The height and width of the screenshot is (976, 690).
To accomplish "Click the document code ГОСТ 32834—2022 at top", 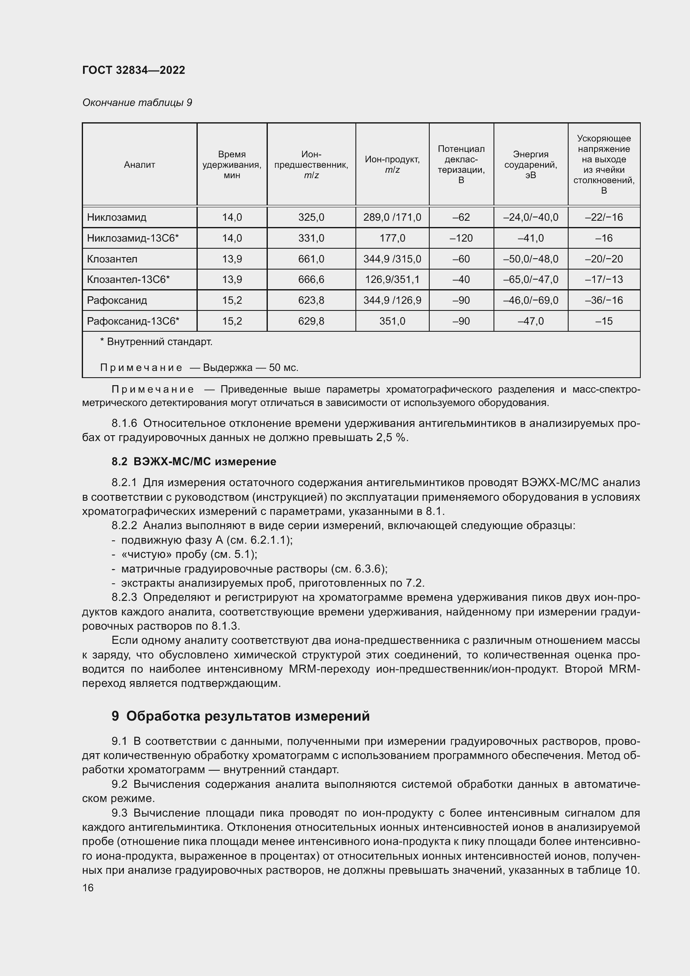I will [x=133, y=70].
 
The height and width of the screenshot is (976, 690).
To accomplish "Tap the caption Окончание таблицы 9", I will [x=137, y=103].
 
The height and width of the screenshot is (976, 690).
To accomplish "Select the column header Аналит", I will [x=139, y=164].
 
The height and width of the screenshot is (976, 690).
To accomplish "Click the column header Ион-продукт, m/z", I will [x=392, y=164].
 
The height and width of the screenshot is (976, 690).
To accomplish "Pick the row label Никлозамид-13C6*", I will [x=133, y=238].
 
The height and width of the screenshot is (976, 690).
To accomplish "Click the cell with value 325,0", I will [x=311, y=217].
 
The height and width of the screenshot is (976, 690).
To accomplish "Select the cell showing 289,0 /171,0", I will [x=392, y=217].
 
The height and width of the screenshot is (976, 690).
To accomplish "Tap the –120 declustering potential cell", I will [x=461, y=238].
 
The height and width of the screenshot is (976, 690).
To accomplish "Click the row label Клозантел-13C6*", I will [x=128, y=279].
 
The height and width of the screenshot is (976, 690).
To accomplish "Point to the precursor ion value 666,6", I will [x=311, y=279].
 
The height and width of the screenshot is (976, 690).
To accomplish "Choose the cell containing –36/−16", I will [x=603, y=300].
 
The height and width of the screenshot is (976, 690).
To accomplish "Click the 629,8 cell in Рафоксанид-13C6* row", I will [x=311, y=321].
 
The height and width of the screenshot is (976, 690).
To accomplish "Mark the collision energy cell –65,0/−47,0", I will [x=530, y=279].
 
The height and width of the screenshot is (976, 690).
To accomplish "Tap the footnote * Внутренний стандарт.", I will [x=156, y=342].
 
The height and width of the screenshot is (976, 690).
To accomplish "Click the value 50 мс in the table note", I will [x=283, y=367].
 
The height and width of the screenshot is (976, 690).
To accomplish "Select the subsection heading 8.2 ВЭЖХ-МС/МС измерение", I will [x=194, y=461].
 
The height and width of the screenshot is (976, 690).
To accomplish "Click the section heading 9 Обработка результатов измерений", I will [x=240, y=716].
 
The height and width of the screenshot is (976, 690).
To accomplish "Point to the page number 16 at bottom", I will [x=88, y=888].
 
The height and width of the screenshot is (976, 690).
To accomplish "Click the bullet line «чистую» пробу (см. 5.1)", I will [x=189, y=554].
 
